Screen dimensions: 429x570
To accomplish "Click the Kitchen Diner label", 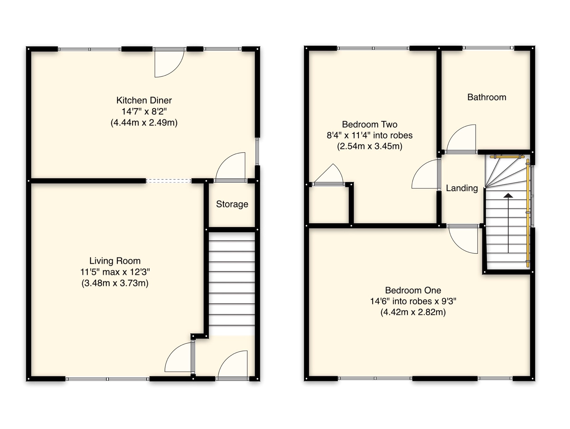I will point(144,100).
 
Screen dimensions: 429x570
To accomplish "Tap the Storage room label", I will point(232,204).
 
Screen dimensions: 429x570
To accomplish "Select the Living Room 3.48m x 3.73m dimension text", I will point(115,283).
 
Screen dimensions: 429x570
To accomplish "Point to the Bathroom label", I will point(486,97).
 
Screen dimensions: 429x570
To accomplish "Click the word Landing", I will point(462,188).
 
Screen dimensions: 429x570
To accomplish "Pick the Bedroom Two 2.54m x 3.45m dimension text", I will point(369,146).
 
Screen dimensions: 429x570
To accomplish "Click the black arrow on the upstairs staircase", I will point(508,196).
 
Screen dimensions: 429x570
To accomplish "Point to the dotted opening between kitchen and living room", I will point(168,181).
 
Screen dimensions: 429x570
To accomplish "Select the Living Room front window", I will point(107,379).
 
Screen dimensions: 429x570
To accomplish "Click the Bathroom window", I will point(488,48).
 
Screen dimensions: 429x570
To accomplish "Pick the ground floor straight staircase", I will point(232,282).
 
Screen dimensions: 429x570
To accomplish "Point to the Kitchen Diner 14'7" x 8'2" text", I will point(144,111).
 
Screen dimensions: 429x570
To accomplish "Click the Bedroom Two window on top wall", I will point(373,48).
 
